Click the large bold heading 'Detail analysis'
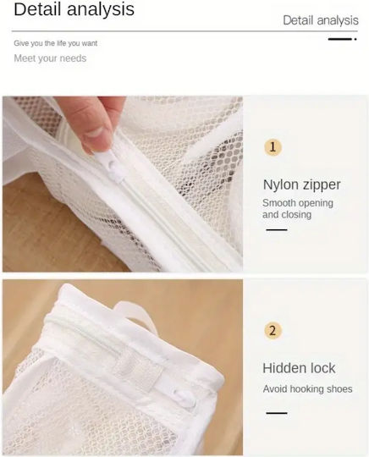74,9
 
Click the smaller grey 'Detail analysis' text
321,20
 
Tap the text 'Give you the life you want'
55,43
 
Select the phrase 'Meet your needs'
50,58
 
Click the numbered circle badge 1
273,147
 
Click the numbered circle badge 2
273,331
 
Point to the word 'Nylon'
280,185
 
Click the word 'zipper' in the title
320,185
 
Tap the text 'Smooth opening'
298,203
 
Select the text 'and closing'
287,214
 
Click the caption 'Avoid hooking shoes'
307,388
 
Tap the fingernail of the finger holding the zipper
96,132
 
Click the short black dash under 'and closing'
277,229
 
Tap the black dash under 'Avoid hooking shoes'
277,413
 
